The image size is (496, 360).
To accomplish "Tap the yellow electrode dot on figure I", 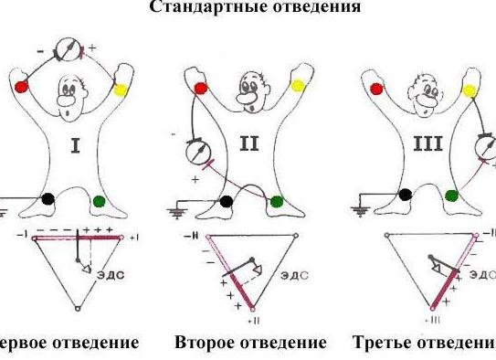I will tap(121, 90).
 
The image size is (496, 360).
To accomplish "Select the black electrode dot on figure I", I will tap(49, 197).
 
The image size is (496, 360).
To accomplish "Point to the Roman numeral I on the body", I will tap(78, 145).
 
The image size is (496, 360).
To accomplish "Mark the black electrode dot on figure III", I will tap(406, 194).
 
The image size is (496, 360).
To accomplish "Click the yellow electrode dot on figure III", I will tap(470, 90).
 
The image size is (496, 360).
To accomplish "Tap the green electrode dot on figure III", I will tap(450, 195).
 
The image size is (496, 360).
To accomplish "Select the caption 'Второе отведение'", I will tap(249, 343).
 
